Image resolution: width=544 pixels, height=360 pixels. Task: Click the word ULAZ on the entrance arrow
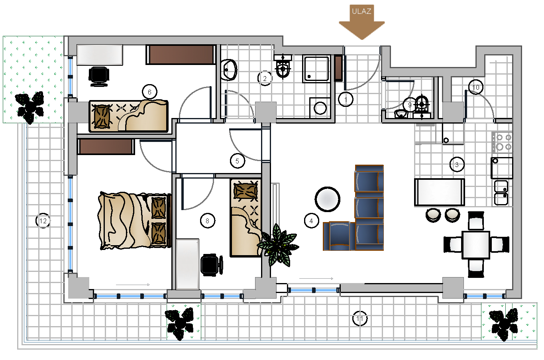pyautogui.click(x=361, y=11)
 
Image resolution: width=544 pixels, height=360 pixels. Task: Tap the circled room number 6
pyautogui.click(x=149, y=92)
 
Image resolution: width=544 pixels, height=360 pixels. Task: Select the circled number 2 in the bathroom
pyautogui.click(x=265, y=78)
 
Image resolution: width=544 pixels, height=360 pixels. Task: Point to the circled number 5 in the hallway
pyautogui.click(x=237, y=161)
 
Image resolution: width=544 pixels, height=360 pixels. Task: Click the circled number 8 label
pyautogui.click(x=207, y=221)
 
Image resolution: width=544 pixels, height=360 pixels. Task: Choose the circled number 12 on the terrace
pyautogui.click(x=43, y=221)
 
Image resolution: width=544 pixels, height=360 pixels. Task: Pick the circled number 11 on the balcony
pyautogui.click(x=359, y=318)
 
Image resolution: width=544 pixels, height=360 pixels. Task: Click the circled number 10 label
pyautogui.click(x=476, y=87)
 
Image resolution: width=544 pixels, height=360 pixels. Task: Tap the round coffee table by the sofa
pyautogui.click(x=327, y=199)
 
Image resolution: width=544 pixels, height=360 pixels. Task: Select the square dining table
pyautogui.click(x=476, y=245)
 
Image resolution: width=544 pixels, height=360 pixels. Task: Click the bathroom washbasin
pyautogui.click(x=229, y=70)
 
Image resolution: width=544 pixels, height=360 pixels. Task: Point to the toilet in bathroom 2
pyautogui.click(x=283, y=66)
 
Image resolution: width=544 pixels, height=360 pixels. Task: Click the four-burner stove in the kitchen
pyautogui.click(x=502, y=142)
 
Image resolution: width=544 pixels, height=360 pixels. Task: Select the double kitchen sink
pyautogui.click(x=501, y=193)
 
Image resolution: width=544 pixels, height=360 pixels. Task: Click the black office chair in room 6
pyautogui.click(x=99, y=76)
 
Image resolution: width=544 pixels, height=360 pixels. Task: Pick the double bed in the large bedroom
pyautogui.click(x=135, y=221)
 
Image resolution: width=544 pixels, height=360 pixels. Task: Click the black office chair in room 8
pyautogui.click(x=212, y=265)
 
